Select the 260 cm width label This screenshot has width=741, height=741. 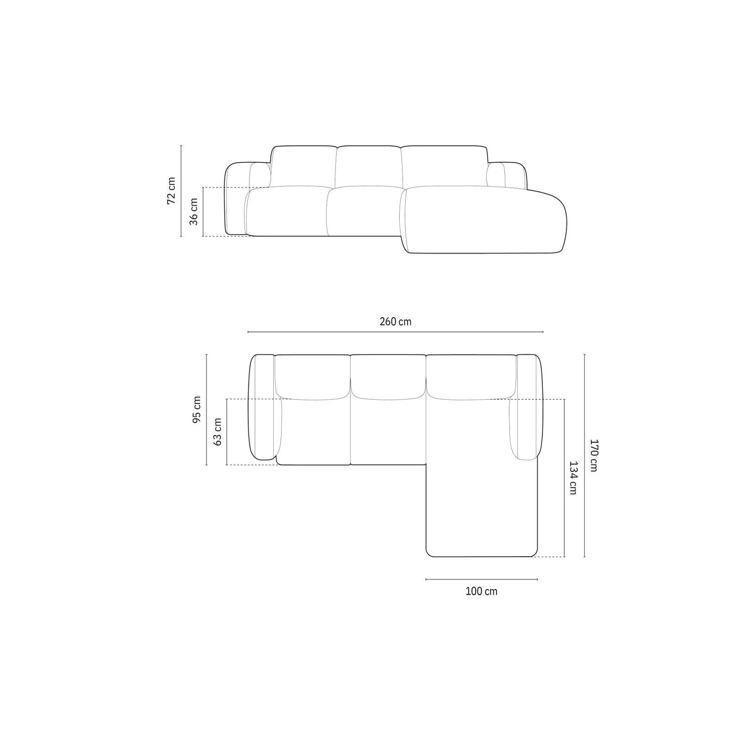pos(395,322)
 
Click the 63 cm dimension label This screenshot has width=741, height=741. pos(217,431)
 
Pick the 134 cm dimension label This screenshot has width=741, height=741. pos(573,478)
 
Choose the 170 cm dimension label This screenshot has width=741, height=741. pos(594,455)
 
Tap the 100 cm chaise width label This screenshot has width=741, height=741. pos(481,591)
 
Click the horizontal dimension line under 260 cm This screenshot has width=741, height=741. pos(395,332)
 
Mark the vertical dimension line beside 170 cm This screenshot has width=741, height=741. pos(584,455)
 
